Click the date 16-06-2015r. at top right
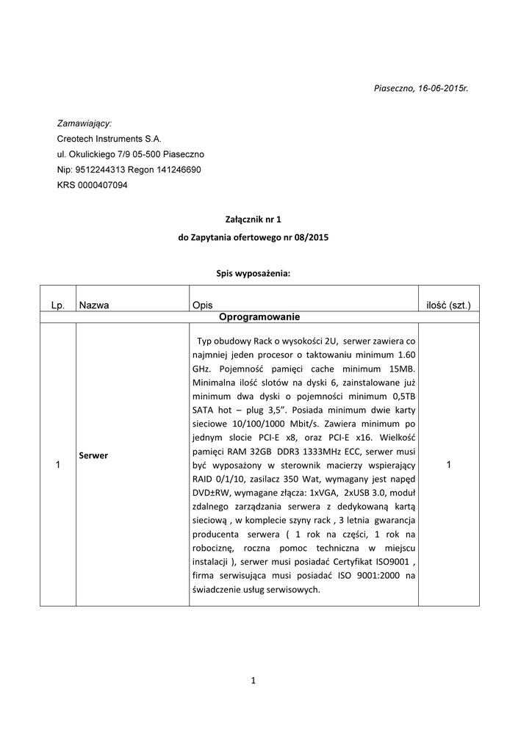pyautogui.click(x=443, y=88)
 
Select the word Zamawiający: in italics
pyautogui.click(x=85, y=123)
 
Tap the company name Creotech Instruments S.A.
pyautogui.click(x=109, y=138)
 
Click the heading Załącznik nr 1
pyautogui.click(x=253, y=219)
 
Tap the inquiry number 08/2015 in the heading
pyautogui.click(x=312, y=237)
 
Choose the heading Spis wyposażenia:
pyautogui.click(x=253, y=273)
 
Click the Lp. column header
pyautogui.click(x=59, y=304)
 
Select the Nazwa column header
pyautogui.click(x=94, y=304)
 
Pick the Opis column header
pyautogui.click(x=202, y=304)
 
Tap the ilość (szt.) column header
pyautogui.click(x=448, y=304)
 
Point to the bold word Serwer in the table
pyautogui.click(x=93, y=455)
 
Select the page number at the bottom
pyautogui.click(x=253, y=681)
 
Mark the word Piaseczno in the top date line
pyautogui.click(x=395, y=88)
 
